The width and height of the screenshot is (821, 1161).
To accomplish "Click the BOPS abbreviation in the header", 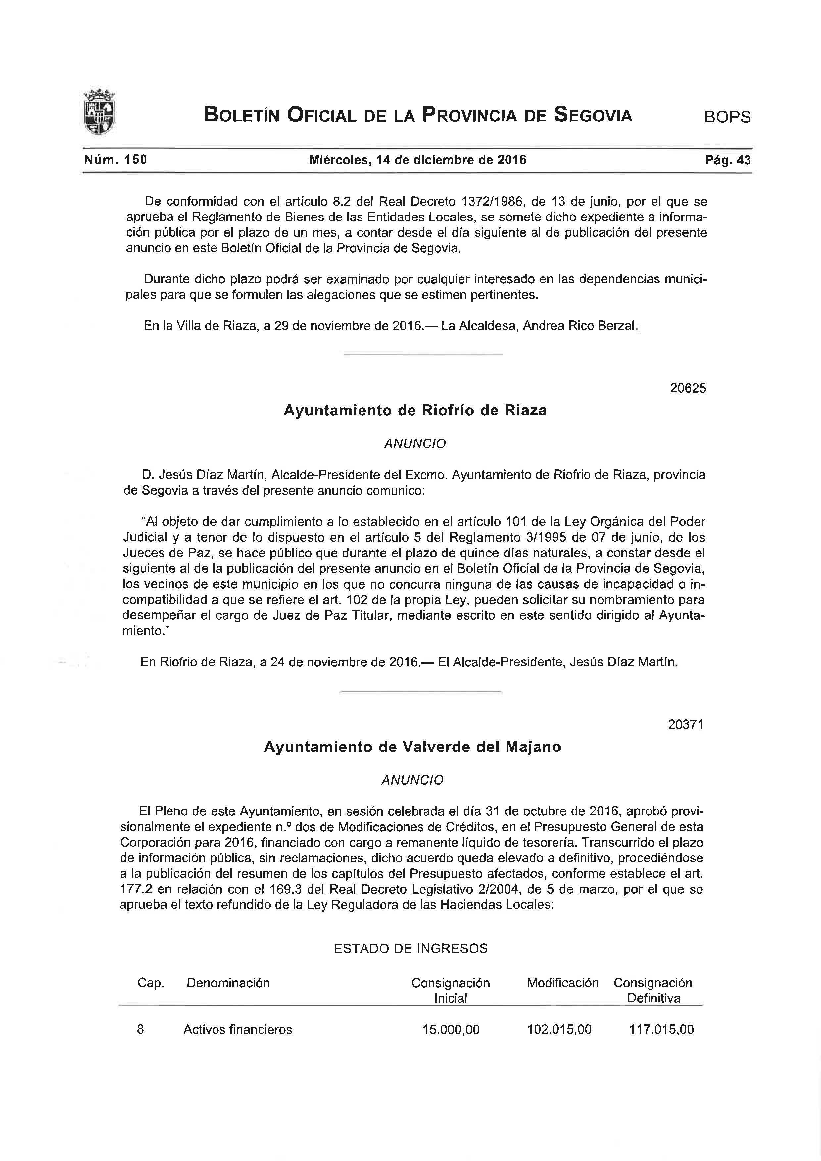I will (727, 117).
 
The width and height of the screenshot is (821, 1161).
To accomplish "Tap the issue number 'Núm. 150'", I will (115, 160).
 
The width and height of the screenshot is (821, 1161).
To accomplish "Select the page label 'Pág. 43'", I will (728, 160).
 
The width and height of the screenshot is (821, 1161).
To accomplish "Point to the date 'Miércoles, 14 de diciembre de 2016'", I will (417, 160).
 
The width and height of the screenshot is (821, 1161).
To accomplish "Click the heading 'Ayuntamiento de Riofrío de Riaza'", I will (415, 410).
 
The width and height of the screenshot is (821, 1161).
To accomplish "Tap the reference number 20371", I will (686, 725).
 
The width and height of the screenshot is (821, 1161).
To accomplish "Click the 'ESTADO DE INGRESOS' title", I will (410, 948).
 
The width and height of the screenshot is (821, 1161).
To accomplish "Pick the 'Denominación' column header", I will (228, 983).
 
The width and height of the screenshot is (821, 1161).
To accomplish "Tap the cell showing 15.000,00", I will (451, 1029).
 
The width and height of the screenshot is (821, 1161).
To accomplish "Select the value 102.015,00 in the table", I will (559, 1029).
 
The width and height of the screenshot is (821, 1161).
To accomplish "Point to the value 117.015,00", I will (661, 1029).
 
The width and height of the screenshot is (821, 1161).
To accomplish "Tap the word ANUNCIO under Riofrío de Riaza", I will (415, 444).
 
